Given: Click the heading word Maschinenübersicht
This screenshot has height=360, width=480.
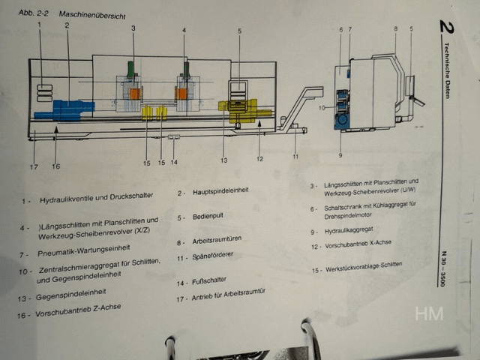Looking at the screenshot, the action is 92,15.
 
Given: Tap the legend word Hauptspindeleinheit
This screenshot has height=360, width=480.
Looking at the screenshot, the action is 220,191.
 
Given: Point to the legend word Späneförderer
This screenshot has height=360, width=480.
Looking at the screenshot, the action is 213,256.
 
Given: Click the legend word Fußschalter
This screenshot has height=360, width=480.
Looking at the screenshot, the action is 209,280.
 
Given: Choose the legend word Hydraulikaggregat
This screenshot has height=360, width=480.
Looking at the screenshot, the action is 349,230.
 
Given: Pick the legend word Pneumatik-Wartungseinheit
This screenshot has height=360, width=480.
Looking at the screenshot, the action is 84,250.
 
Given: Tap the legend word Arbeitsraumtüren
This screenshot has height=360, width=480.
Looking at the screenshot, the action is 217,240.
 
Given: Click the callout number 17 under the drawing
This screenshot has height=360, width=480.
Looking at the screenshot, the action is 34,166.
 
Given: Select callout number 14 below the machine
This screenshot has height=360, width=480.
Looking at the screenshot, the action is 174,162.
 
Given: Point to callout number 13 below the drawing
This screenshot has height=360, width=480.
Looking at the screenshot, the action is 224,160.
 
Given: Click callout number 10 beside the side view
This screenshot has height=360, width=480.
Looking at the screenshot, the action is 322,108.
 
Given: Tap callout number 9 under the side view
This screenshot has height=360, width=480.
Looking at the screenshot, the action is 340,155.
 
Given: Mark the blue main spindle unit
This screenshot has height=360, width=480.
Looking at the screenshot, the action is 64,110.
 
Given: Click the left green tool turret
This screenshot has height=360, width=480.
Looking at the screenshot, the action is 130,70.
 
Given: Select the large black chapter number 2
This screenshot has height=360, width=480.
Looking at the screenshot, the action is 447,27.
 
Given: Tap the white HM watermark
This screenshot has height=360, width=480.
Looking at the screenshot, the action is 429,313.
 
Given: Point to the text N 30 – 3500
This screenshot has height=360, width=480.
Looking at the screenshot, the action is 443,268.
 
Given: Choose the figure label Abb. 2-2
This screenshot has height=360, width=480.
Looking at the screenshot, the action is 33,13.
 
